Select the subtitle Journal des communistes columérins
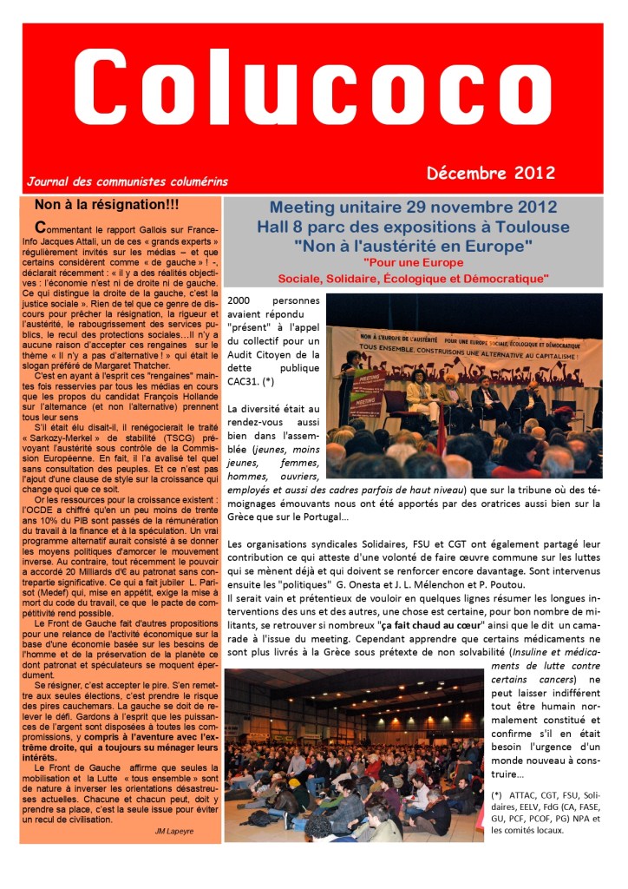tap(128, 182)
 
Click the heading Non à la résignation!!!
tap(107, 205)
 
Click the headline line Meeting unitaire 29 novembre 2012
tap(413, 209)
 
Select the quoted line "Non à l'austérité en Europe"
tap(413, 246)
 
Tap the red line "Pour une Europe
tap(413, 262)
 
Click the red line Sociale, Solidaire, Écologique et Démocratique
tap(413, 279)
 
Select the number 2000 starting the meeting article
tap(239, 300)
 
